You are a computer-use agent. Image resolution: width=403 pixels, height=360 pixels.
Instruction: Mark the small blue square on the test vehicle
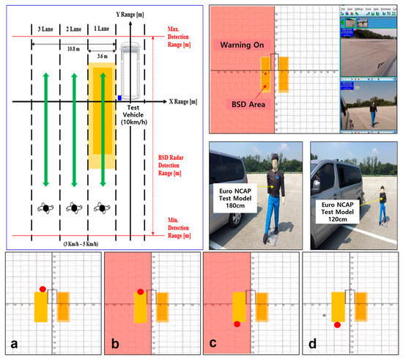[x=119, y=97]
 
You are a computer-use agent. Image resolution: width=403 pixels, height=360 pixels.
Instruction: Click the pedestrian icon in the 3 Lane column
[x=45, y=208]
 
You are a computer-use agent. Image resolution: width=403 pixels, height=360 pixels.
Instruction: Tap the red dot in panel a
[x=43, y=290]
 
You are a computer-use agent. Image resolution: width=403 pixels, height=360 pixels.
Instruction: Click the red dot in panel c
[x=237, y=323]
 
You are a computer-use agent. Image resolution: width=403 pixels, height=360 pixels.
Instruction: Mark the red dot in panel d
[x=336, y=324]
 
